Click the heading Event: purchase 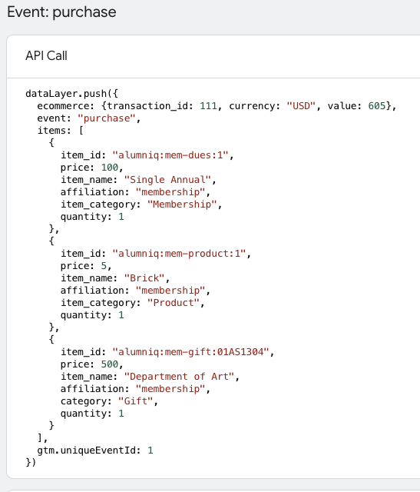point(61,12)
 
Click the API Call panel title point(46,56)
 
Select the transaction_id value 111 point(208,106)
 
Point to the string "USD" point(301,106)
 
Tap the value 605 point(376,106)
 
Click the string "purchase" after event point(106,118)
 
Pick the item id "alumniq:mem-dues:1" point(170,155)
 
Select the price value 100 point(109,168)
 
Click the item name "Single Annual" point(167,180)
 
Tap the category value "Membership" point(182,204)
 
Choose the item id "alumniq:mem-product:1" point(179,254)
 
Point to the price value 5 point(104,266)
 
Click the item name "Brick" point(144,278)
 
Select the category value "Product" point(174,303)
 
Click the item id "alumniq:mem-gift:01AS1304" point(190,352)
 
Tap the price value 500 point(109,364)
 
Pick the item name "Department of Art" point(179,377)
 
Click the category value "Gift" point(135,401)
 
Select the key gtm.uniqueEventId point(89,450)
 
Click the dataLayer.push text point(66,94)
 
